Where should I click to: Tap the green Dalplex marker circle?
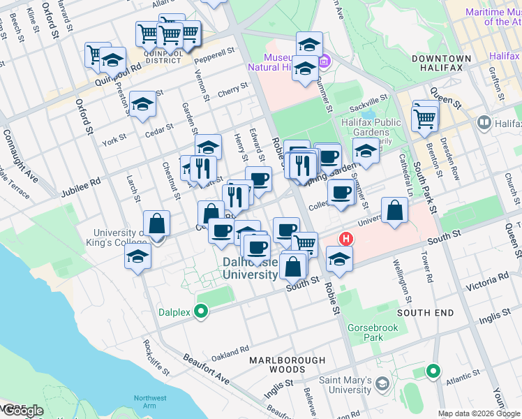click(202, 311)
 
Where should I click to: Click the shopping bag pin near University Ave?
click(394, 210)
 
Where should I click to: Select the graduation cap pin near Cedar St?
click(142, 104)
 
